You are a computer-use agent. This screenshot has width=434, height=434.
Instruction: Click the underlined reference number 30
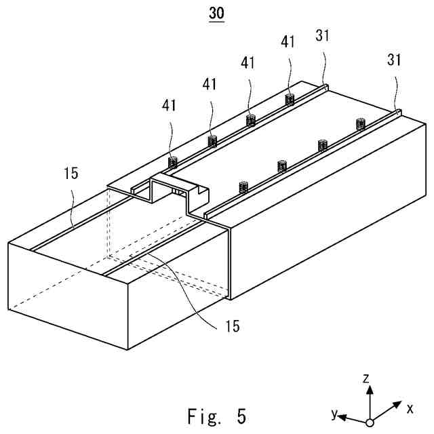pyautogui.click(x=216, y=14)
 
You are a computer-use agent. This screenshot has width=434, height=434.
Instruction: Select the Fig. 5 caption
pyautogui.click(x=216, y=415)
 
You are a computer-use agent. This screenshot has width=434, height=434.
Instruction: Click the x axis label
pyautogui.click(x=410, y=408)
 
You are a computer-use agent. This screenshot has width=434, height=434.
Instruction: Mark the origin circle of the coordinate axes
pyautogui.click(x=370, y=422)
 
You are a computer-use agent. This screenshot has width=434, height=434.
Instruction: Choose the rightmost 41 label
pyautogui.click(x=288, y=41)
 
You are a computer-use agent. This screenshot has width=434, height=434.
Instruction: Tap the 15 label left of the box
pyautogui.click(x=71, y=173)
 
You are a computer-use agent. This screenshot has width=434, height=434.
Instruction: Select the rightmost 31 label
pyautogui.click(x=395, y=60)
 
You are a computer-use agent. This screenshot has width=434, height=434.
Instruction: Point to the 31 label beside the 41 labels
pyautogui.click(x=323, y=35)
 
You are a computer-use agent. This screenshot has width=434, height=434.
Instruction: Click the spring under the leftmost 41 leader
pyautogui.click(x=172, y=162)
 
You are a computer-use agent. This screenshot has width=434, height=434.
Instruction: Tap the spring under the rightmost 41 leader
pyautogui.click(x=290, y=100)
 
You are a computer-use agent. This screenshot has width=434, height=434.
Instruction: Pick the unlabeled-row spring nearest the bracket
pyautogui.click(x=242, y=186)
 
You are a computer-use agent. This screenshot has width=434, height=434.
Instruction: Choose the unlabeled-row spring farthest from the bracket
pyautogui.click(x=361, y=123)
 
